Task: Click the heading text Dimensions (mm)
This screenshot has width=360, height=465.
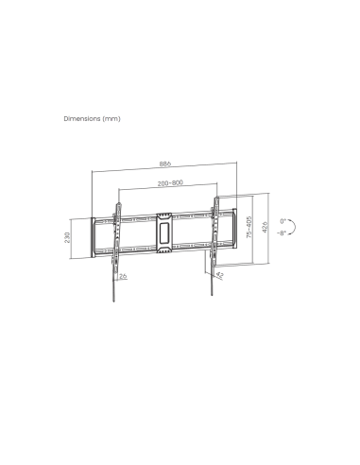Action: tap(92, 119)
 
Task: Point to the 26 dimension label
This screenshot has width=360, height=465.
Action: tap(124, 275)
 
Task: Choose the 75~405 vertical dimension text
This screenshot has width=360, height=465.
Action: tap(249, 231)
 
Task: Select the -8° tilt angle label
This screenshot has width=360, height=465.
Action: tap(283, 232)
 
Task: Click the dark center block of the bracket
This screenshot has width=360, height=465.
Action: tap(164, 231)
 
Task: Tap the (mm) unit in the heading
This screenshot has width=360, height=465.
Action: tap(113, 119)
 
